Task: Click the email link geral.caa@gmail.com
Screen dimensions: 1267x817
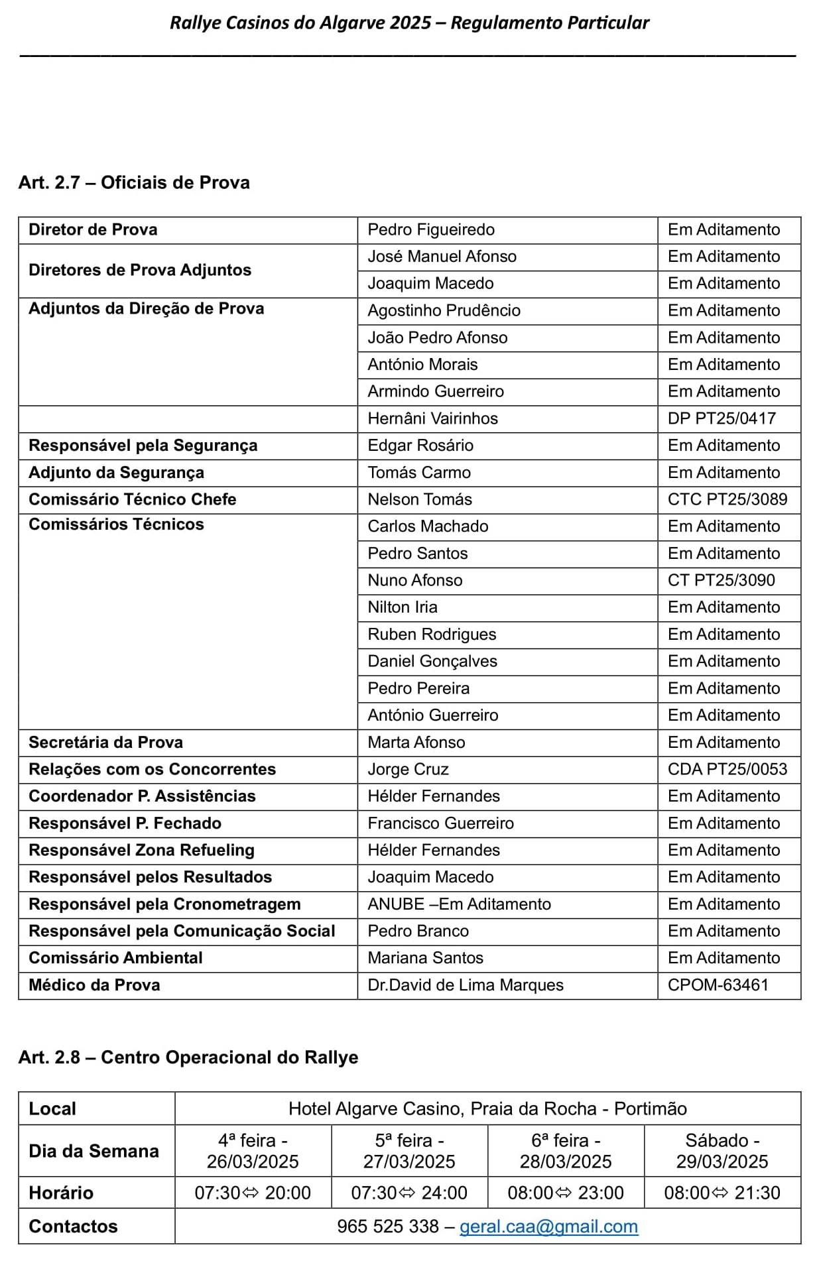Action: coord(548,1226)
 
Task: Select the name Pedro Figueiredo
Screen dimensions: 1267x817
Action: coord(431,230)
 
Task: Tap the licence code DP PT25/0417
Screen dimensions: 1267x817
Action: coord(722,418)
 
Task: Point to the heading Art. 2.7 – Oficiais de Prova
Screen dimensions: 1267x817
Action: coord(134,182)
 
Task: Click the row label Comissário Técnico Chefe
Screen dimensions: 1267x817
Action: coord(132,499)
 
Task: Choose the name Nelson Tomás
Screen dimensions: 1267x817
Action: coord(420,499)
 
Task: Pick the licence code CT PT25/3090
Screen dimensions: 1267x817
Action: coord(721,580)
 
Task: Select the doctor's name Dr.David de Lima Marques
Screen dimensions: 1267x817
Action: coord(466,985)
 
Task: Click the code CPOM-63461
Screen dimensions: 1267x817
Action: coord(718,985)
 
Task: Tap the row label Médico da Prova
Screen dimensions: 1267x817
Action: coord(94,985)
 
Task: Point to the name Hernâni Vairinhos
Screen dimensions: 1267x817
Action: coord(432,418)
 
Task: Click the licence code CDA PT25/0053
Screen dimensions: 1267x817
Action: coord(727,769)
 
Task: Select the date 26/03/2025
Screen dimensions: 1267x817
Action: coord(253,1162)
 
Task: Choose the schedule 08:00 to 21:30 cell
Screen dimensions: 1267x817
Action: coord(722,1193)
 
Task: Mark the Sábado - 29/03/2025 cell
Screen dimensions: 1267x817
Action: coord(722,1151)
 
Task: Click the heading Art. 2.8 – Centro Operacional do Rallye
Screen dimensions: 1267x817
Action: coord(188,1057)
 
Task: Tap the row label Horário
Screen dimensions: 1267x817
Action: coord(61,1193)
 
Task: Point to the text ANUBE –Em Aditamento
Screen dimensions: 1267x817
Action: coord(459,904)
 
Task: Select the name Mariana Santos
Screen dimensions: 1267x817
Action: coord(425,958)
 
